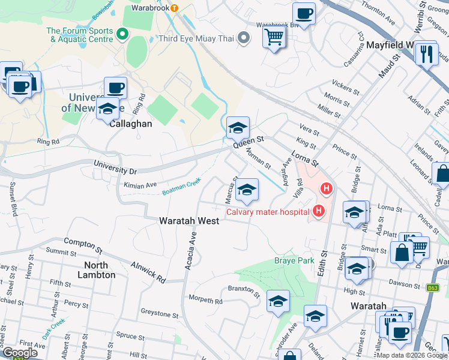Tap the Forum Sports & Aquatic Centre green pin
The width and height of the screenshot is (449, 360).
point(124,34)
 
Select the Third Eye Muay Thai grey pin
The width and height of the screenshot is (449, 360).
point(243,38)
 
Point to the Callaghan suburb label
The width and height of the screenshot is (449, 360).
point(130,123)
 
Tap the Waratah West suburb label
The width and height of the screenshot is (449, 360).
point(188,221)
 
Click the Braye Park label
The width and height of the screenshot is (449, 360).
point(295,260)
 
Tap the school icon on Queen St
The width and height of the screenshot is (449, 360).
point(238,128)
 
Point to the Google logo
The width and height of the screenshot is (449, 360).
point(19,353)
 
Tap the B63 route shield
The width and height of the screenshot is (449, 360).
point(432,288)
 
